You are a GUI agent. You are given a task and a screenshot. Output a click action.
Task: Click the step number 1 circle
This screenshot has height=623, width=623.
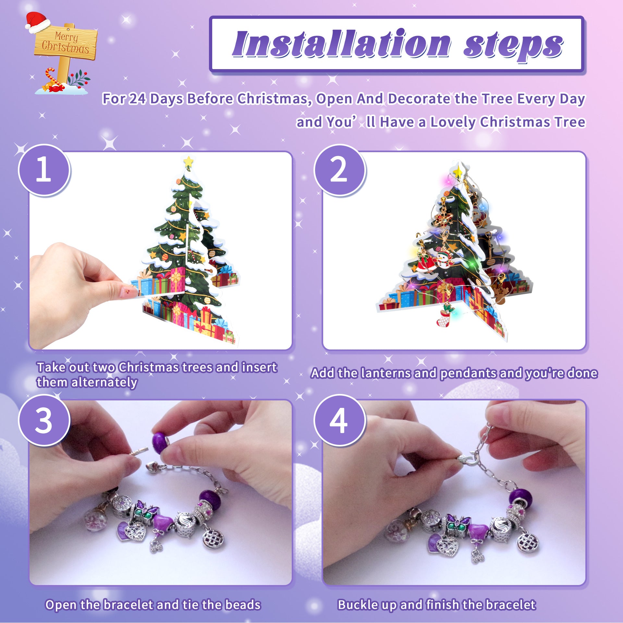coord(44,170)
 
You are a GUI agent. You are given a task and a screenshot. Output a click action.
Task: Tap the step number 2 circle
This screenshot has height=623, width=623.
coord(339,170)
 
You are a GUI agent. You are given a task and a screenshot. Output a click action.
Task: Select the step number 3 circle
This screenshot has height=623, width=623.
coord(44,420)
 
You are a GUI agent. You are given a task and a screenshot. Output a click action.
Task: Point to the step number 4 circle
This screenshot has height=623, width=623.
coord(339,420)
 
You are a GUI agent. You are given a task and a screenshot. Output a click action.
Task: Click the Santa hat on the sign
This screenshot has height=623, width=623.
coord(37,22)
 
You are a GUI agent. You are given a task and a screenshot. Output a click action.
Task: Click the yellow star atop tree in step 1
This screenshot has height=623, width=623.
coord(188,161)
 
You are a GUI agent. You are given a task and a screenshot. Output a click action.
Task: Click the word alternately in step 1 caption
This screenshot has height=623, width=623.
coord(104,382)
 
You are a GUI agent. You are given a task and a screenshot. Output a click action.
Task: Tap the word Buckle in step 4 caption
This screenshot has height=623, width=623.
coord(357,605)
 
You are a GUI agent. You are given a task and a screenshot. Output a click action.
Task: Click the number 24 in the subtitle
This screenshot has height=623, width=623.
coord(137,99)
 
